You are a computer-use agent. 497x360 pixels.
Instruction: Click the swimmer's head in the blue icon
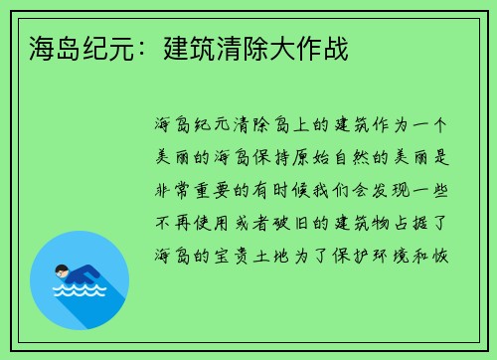click(x=63, y=270)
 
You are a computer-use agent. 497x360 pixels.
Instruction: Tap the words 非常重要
click(x=197, y=190)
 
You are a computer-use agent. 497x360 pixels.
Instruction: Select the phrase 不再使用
click(x=197, y=222)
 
